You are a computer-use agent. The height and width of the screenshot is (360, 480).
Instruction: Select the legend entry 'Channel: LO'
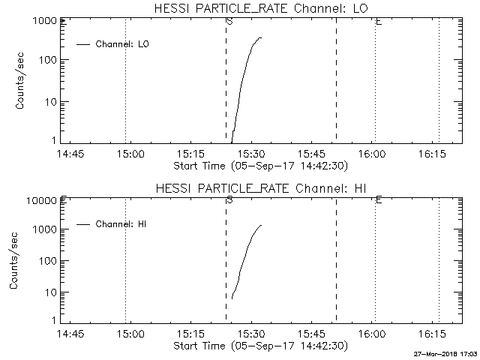point(123,44)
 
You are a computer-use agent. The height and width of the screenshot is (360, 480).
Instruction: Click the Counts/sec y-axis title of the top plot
point(21,82)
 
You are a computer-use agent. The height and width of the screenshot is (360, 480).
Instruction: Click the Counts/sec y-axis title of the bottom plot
point(13,262)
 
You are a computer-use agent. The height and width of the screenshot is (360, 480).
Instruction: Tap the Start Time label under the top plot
point(259,166)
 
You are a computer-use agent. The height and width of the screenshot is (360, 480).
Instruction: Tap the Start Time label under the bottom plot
point(259,346)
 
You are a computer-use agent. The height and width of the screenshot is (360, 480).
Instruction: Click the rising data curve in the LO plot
point(242,82)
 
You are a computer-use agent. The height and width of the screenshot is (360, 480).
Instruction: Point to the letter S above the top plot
point(229,21)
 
